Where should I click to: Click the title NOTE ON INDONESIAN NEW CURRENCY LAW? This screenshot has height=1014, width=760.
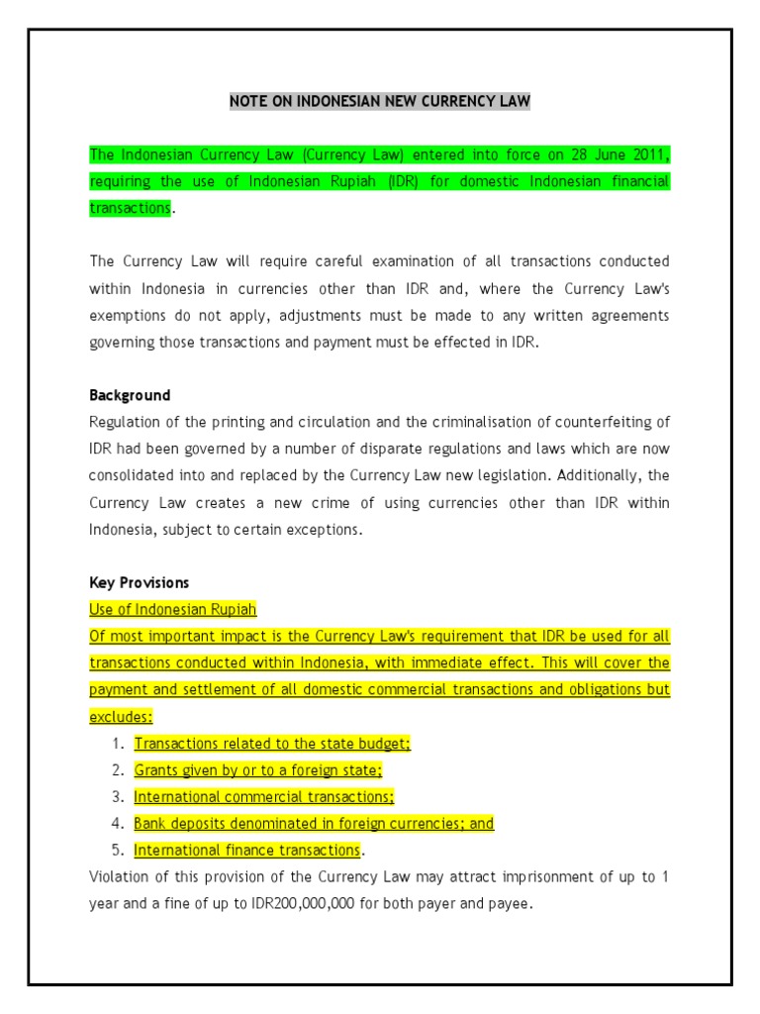(x=380, y=101)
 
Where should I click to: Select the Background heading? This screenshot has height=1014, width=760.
(x=130, y=395)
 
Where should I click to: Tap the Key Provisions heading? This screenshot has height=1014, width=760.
(x=140, y=582)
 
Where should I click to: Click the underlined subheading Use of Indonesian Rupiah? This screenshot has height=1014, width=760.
(x=173, y=609)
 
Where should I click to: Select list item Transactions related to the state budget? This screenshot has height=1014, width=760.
(x=272, y=744)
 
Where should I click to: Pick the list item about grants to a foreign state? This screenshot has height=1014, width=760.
(x=258, y=770)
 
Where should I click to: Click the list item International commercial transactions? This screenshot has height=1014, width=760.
(x=264, y=797)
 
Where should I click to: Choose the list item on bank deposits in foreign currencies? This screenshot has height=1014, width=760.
(x=314, y=824)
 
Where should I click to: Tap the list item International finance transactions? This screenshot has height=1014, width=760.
(x=247, y=851)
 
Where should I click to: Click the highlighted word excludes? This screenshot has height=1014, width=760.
(x=122, y=716)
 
